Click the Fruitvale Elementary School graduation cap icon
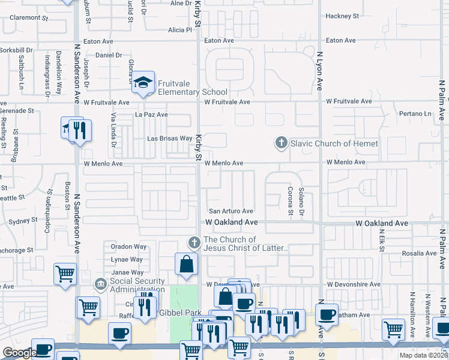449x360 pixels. (x=143, y=83)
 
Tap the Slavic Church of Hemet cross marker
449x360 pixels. (x=280, y=143)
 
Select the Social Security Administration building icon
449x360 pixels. (x=100, y=282)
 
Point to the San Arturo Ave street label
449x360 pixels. (x=231, y=211)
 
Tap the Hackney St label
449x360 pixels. (x=342, y=16)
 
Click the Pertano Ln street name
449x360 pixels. (x=415, y=113)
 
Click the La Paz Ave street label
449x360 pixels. (x=151, y=115)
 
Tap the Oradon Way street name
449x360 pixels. (x=128, y=247)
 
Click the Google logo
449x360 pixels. (x=19, y=353)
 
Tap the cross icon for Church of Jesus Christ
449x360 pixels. (x=193, y=243)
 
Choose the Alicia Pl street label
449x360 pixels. (x=179, y=29)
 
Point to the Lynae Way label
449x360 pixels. (x=127, y=259)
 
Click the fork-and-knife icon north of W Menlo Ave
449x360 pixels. (x=80, y=130)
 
